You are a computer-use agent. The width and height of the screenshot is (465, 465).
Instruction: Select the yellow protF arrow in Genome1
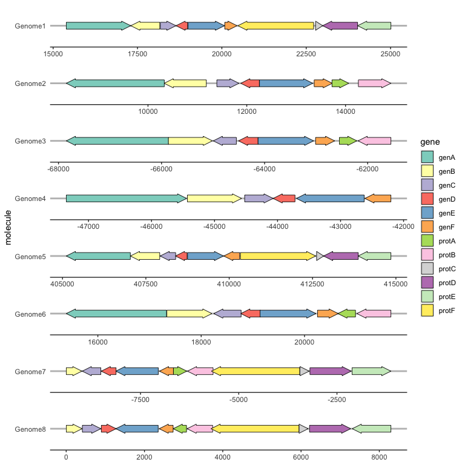click(x=277, y=25)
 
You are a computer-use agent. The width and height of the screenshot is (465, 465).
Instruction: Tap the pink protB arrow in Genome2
click(x=374, y=83)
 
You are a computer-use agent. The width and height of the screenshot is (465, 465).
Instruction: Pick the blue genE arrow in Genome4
click(x=330, y=198)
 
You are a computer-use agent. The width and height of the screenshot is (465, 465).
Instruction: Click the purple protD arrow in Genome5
click(x=341, y=256)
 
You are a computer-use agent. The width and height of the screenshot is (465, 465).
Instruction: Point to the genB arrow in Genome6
click(x=189, y=314)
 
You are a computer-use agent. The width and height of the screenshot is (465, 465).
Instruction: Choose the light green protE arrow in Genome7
click(x=371, y=371)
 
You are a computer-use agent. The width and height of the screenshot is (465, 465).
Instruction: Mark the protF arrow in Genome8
click(x=256, y=429)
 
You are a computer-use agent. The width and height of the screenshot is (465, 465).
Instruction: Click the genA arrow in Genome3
click(x=117, y=140)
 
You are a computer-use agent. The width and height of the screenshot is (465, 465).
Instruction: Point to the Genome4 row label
click(x=30, y=199)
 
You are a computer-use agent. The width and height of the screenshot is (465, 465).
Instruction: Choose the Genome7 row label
click(x=30, y=371)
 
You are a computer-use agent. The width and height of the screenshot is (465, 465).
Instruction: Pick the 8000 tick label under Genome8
click(x=379, y=457)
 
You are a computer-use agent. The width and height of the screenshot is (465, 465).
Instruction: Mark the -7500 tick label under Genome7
click(x=140, y=400)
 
